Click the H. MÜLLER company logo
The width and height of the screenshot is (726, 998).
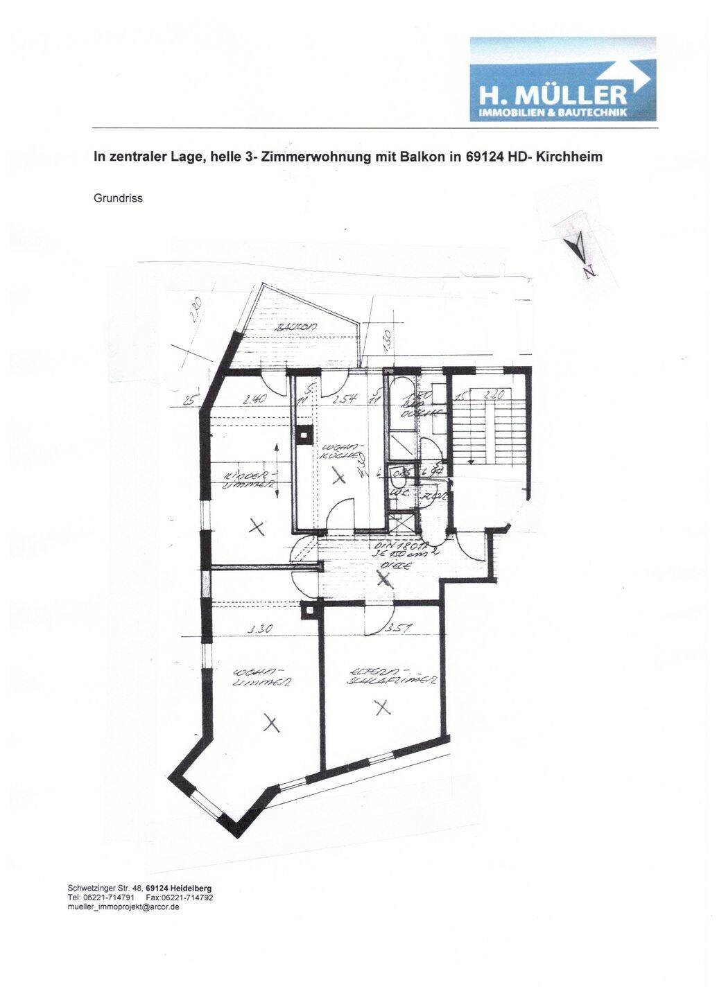[x=562, y=79]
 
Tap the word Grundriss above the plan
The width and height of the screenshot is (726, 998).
[x=118, y=198]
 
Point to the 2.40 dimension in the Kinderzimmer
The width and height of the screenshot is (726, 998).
[x=255, y=399]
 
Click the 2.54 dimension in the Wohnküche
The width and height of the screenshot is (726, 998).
[x=344, y=399]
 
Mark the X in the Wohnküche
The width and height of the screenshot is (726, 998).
[x=338, y=476]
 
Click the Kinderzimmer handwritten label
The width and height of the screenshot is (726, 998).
[x=250, y=480]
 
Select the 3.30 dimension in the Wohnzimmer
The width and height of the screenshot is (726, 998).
[x=259, y=629]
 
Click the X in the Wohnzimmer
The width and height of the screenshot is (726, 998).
[x=272, y=724]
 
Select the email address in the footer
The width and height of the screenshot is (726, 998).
[x=123, y=907]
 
